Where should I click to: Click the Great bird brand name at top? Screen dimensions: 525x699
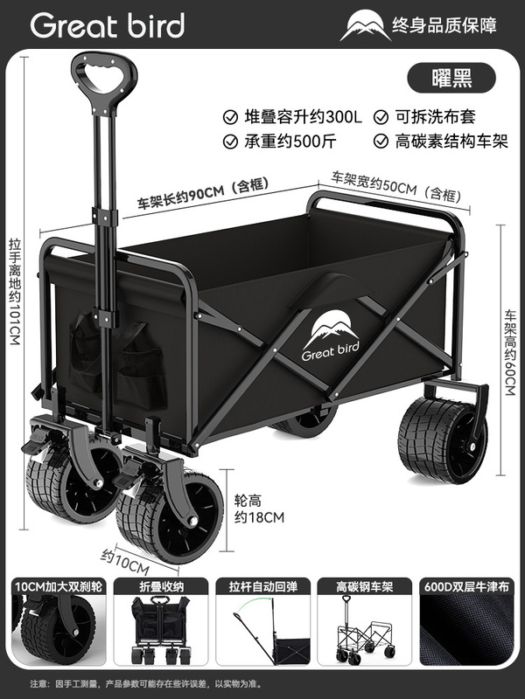coord(107,25)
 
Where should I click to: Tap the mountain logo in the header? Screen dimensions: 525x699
coord(367,26)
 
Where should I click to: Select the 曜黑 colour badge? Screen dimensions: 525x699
coord(451,77)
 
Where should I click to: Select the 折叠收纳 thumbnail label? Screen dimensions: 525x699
coord(159,588)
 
